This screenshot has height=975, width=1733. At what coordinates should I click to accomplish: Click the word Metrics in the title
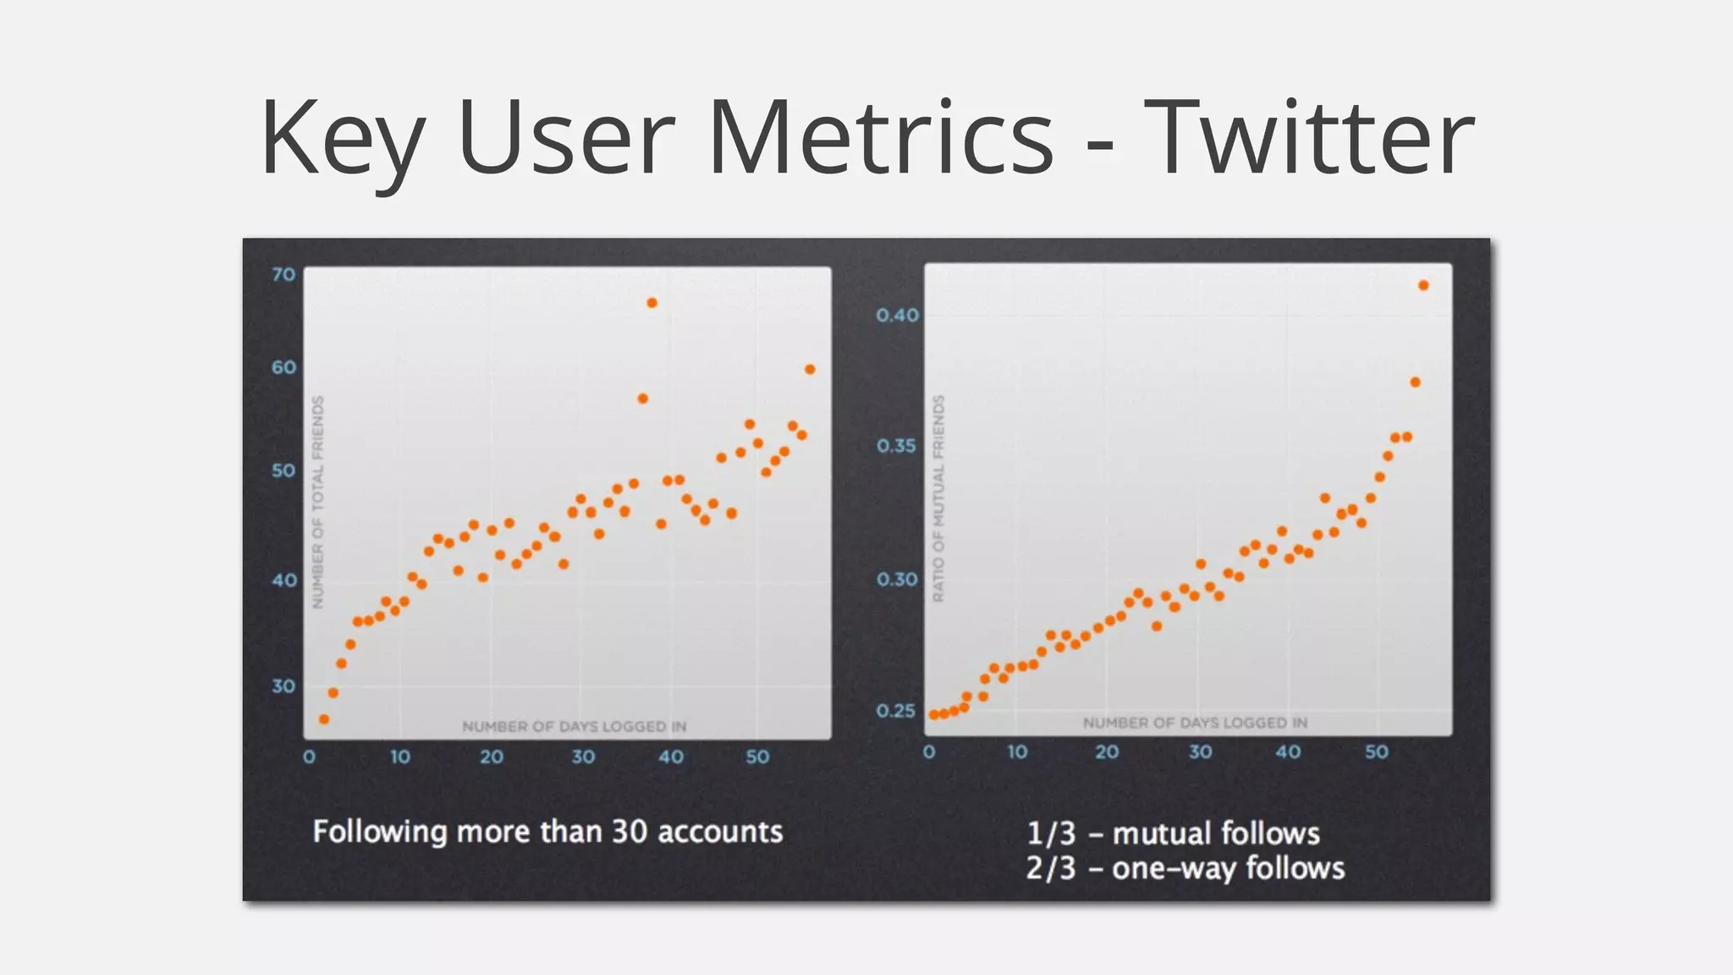[x=880, y=138]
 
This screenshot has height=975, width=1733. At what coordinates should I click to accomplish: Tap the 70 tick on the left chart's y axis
[x=283, y=274]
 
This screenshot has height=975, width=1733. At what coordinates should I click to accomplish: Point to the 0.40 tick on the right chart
[x=897, y=316]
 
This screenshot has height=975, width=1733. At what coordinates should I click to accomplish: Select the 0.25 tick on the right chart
[x=896, y=711]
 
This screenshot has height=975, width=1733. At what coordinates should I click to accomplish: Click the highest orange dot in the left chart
[x=652, y=303]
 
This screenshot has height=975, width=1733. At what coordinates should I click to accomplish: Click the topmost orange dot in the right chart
[x=1423, y=286]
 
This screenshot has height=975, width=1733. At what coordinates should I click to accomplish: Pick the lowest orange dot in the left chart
[x=324, y=719]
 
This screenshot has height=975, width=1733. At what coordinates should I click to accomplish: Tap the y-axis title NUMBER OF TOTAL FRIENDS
[x=318, y=502]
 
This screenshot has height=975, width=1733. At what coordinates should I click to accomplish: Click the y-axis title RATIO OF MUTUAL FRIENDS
[x=938, y=499]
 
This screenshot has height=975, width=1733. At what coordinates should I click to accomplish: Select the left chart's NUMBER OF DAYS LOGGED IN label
[x=574, y=726]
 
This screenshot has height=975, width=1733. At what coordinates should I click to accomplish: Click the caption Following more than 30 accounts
[x=547, y=831]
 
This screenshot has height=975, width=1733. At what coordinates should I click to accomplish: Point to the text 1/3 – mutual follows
[x=1173, y=834]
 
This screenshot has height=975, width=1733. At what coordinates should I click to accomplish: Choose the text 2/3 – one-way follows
[x=1185, y=869]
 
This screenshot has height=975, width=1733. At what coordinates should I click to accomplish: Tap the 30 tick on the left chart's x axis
[x=582, y=757]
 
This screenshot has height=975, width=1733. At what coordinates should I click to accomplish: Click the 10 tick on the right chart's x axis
[x=1017, y=752]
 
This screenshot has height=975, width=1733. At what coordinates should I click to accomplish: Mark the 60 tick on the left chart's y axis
[x=283, y=367]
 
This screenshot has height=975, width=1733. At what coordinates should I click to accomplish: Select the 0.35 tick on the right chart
[x=896, y=446]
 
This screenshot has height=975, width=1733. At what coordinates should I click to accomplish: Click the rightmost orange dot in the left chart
[x=810, y=369]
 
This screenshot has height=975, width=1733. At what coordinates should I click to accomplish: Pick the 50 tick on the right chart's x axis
[x=1376, y=752]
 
